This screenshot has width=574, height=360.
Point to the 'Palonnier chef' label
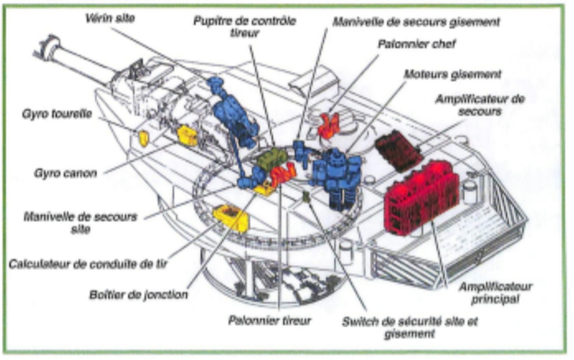pos(416,45)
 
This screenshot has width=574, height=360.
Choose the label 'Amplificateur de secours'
pos(478,105)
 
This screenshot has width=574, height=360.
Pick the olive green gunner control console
pos(271,158)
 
